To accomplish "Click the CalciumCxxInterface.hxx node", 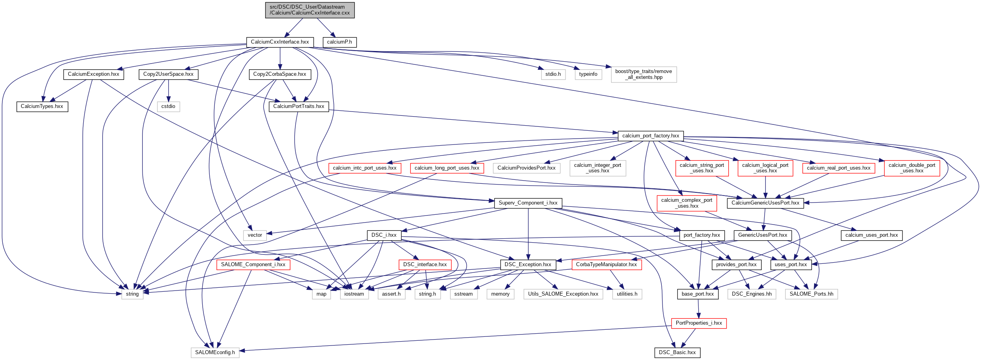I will [x=280, y=42].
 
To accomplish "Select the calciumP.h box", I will [x=339, y=42].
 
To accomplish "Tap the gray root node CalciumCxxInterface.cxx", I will [x=309, y=10].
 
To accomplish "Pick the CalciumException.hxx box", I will [x=93, y=74].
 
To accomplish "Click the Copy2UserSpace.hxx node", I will [x=168, y=74].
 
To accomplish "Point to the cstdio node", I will [x=168, y=106].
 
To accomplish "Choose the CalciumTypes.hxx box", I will [x=42, y=106].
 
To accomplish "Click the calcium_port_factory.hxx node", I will [x=650, y=136].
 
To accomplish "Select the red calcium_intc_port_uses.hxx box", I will [x=364, y=168].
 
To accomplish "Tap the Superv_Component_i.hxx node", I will [x=528, y=203].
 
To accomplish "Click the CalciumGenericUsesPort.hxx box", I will [x=765, y=203].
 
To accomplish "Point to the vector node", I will [x=254, y=235].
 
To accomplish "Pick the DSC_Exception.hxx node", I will [x=528, y=265].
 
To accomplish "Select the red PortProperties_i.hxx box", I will [x=699, y=323].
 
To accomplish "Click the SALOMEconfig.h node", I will [x=215, y=353].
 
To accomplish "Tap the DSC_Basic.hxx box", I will [x=677, y=353].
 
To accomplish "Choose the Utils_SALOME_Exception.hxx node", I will [x=563, y=294].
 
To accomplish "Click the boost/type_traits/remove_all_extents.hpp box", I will [x=643, y=74].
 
